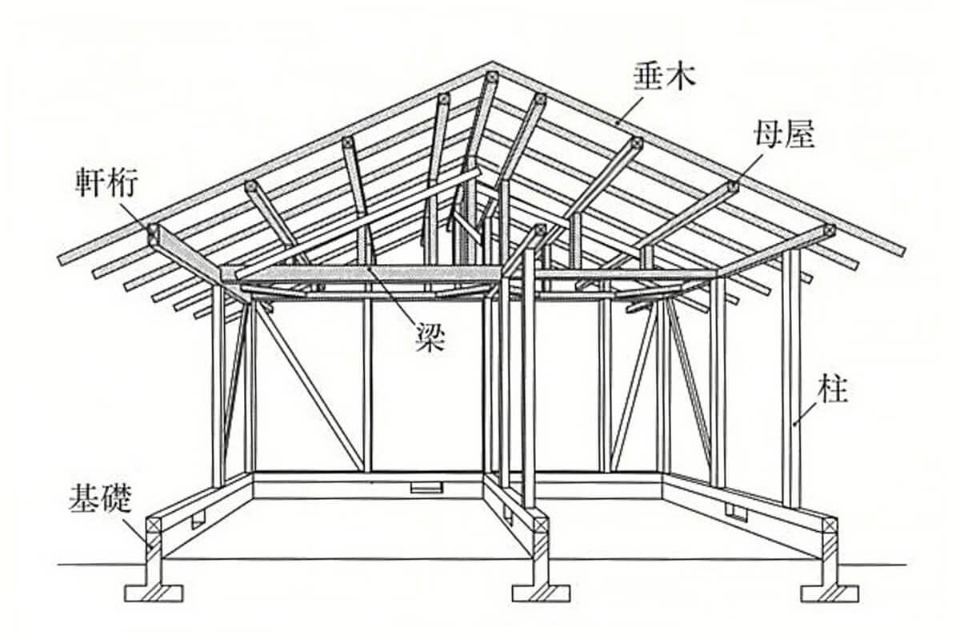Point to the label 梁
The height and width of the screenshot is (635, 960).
click(430, 339)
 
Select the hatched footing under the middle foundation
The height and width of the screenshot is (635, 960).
click(542, 593)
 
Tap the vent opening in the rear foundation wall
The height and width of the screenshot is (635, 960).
click(423, 487)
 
